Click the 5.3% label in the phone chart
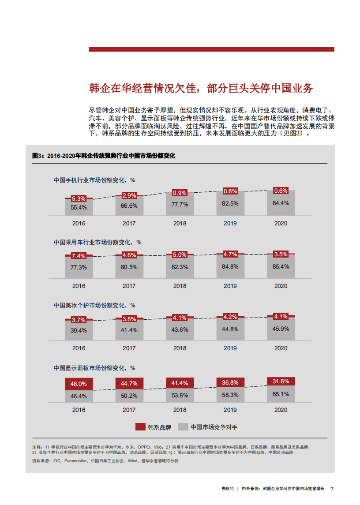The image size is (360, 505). [x=79, y=199]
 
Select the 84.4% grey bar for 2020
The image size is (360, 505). [x=281, y=203]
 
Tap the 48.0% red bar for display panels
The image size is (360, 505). [x=79, y=384]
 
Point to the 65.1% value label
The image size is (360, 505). [x=281, y=394]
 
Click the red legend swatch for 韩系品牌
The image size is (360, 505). [x=140, y=427]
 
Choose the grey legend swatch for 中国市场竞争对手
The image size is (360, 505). [x=184, y=427]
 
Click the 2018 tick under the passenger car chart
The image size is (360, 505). [x=180, y=286]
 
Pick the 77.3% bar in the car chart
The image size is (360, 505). [x=79, y=267]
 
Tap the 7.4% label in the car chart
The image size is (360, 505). [x=79, y=256]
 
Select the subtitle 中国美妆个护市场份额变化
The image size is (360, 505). [x=94, y=305]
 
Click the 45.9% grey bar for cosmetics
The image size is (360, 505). [x=281, y=329]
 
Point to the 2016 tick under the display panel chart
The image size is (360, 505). [x=79, y=410]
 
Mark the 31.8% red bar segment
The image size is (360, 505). [x=281, y=381]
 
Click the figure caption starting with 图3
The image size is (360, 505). [x=104, y=156]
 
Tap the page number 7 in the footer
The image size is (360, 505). [x=332, y=489]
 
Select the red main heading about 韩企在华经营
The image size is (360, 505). [x=201, y=88]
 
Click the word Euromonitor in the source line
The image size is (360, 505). [x=76, y=461]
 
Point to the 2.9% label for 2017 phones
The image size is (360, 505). [x=129, y=195]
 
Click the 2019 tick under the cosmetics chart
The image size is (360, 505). [x=230, y=348]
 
